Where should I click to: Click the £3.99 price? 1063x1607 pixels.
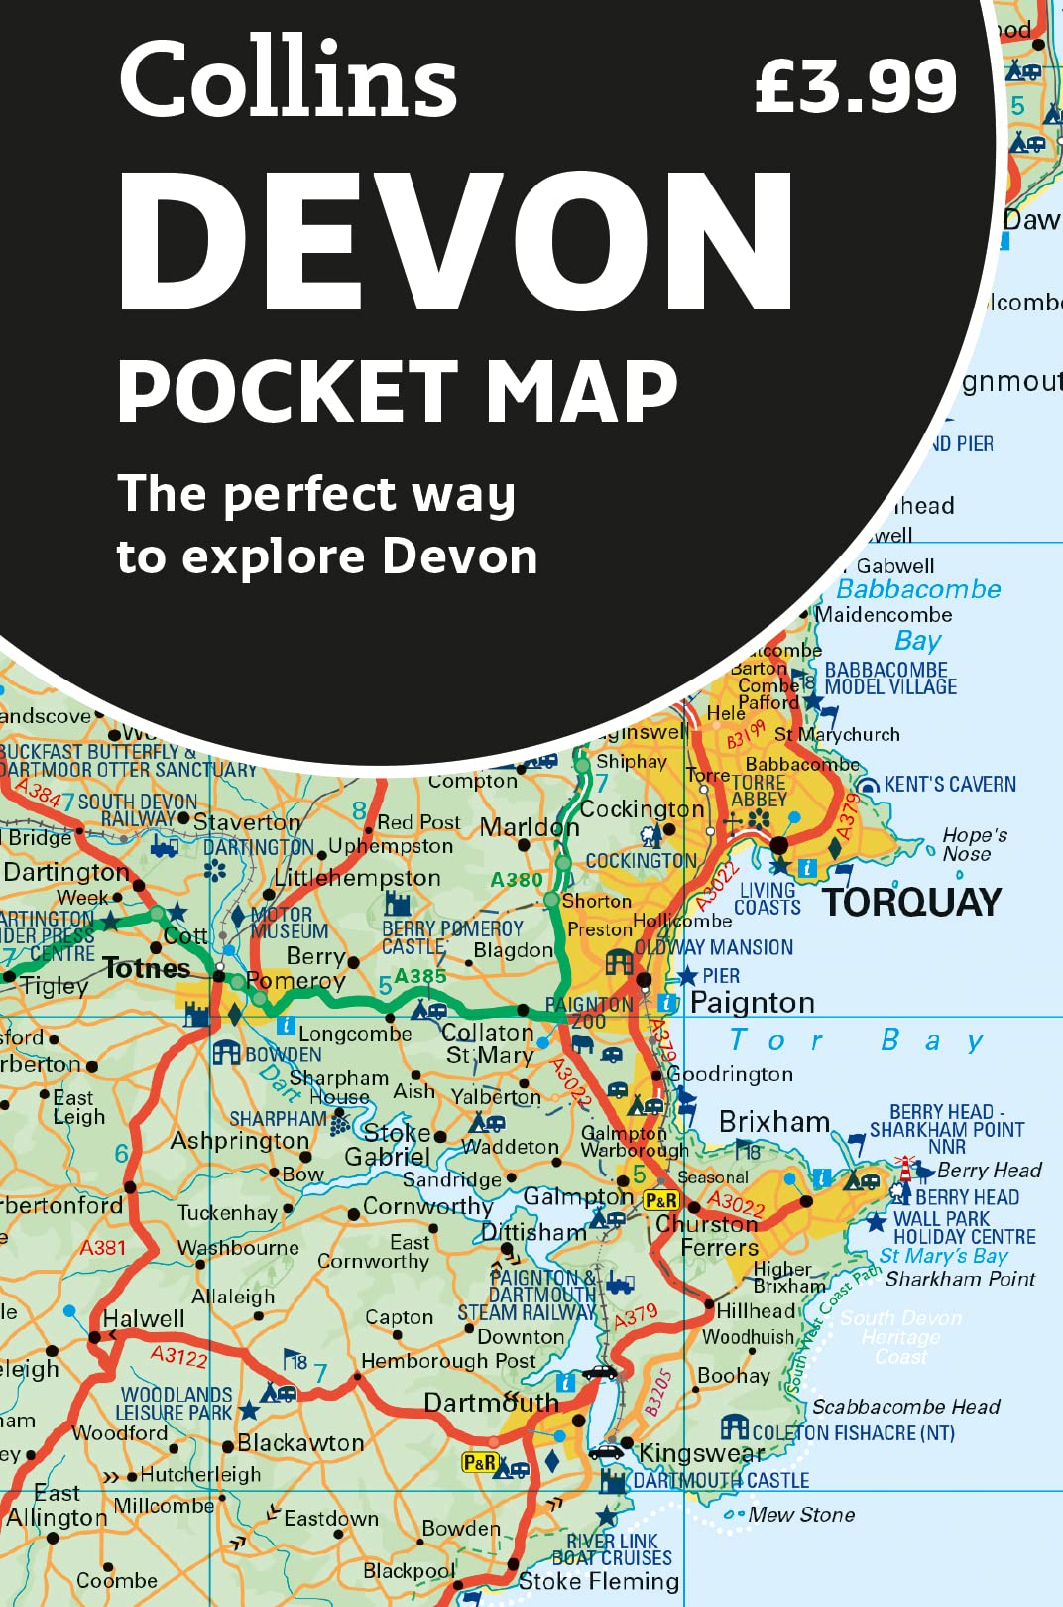[856, 86]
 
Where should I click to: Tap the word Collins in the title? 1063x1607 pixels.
[288, 78]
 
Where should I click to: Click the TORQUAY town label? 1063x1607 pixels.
[911, 903]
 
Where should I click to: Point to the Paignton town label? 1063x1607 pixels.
[752, 1003]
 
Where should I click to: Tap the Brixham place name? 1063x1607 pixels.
[774, 1122]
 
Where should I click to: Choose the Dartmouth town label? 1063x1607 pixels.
[492, 1403]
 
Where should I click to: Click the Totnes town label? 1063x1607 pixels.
[147, 968]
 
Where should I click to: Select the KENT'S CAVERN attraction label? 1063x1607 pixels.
[950, 785]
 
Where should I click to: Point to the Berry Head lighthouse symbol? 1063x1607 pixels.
[904, 1167]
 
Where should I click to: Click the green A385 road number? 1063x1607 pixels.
[420, 976]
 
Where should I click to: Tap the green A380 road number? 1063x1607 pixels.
[517, 879]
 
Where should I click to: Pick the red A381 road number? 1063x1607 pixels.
[103, 1247]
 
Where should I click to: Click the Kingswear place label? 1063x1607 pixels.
[701, 1453]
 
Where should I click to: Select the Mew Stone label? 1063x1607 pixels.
[801, 1515]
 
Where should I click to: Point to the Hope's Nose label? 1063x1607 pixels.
[974, 844]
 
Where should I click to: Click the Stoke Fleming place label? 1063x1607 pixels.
[599, 1581]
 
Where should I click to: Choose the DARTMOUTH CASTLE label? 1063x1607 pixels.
[721, 1480]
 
